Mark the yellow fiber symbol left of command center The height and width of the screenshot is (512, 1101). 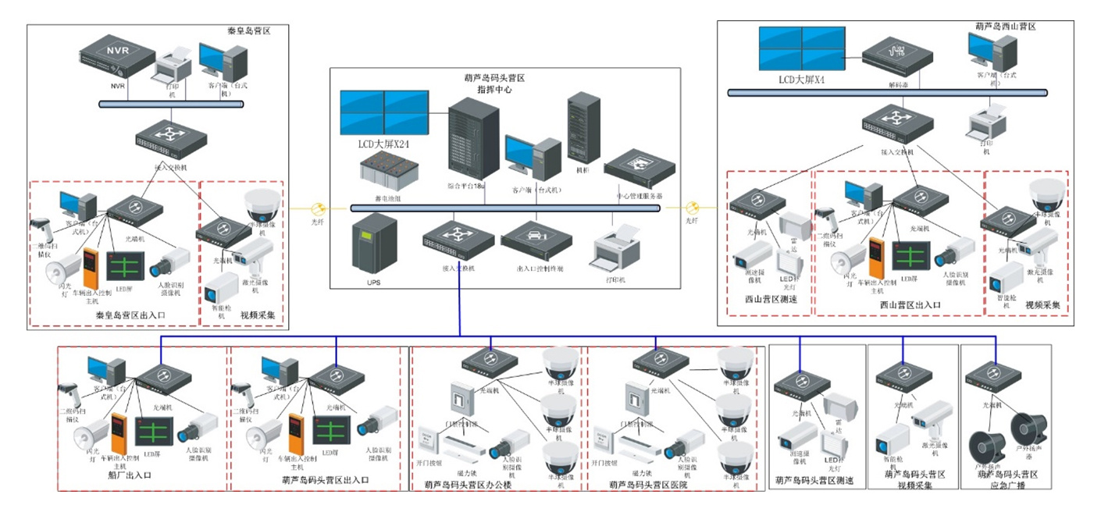(x=318, y=209)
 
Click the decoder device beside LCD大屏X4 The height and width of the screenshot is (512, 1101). (x=899, y=55)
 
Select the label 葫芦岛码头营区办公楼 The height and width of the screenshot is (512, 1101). (x=467, y=485)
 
